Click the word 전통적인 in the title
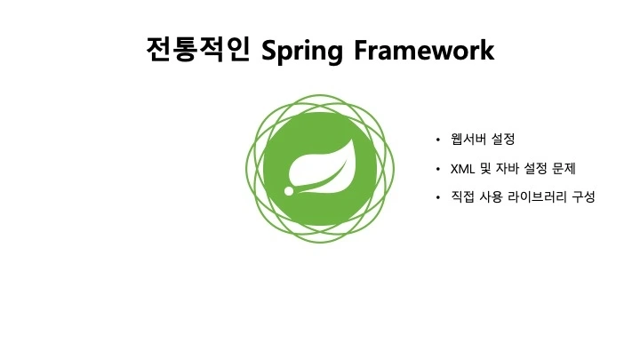click(x=197, y=49)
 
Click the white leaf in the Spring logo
click(x=321, y=166)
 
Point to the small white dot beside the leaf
click(x=288, y=190)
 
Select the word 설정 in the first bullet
click(x=503, y=140)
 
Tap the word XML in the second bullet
click(x=463, y=169)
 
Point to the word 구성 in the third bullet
click(x=585, y=197)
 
